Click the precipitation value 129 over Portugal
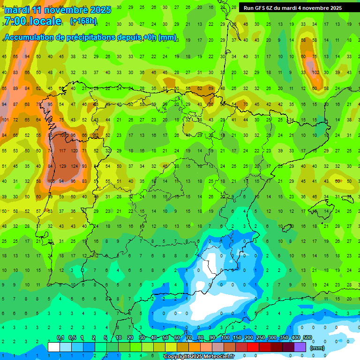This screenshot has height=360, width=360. pyautogui.click(x=63, y=166)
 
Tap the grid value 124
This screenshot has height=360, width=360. pyautogui.click(x=74, y=166)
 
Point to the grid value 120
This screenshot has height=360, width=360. pyautogui.click(x=74, y=151)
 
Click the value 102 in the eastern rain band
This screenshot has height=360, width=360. pyautogui.click(x=315, y=73)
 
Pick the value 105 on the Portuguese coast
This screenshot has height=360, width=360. pyautogui.click(x=51, y=181)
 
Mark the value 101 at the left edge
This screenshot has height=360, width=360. pyautogui.click(x=5, y=120)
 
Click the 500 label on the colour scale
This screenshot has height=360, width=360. pyautogui.click(x=307, y=338)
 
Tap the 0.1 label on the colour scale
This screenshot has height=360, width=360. pyautogui.click(x=60, y=338)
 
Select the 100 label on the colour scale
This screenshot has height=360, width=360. pyautogui.click(x=225, y=338)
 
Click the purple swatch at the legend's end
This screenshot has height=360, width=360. pyautogui.click(x=301, y=347)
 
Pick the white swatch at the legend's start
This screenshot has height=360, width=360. pyautogui.click(x=54, y=347)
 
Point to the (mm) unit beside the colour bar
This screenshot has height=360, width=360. pyautogui.click(x=317, y=348)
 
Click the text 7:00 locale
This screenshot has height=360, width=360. pyautogui.click(x=32, y=21)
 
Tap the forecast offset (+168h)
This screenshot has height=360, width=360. pyautogui.click(x=83, y=21)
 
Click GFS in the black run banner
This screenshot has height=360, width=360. pyautogui.click(x=262, y=8)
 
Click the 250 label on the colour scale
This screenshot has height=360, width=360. pyautogui.click(x=260, y=338)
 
